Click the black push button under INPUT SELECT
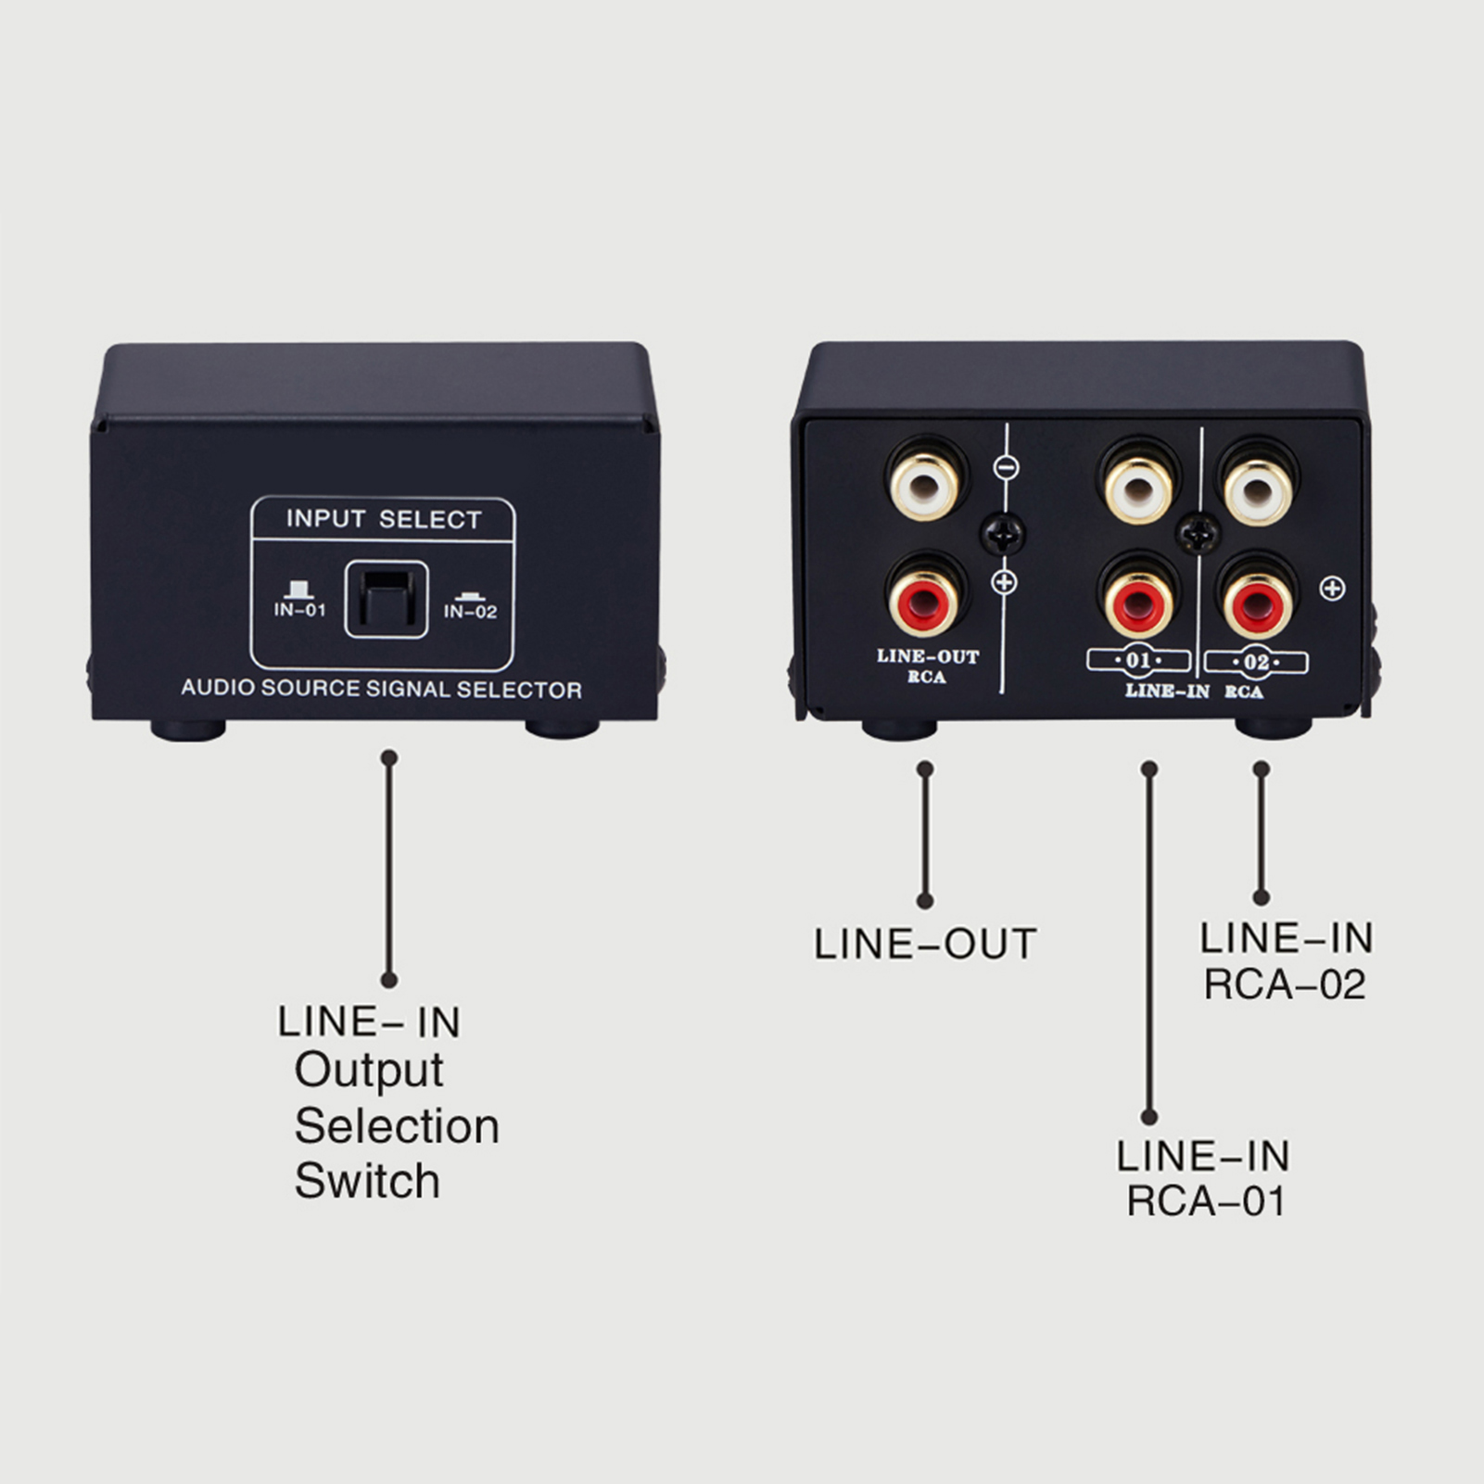tap(387, 600)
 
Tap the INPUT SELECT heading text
tap(384, 519)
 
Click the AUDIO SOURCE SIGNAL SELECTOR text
tap(381, 689)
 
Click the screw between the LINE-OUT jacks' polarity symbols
tap(1004, 533)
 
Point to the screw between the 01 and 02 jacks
tap(1198, 533)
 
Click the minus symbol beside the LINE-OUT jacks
tap(1006, 468)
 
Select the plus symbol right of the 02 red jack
tap(1332, 588)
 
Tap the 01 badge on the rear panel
tap(1138, 661)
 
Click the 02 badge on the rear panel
tap(1256, 663)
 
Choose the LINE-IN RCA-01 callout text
tap(1203, 1178)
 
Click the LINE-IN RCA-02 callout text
tap(1286, 961)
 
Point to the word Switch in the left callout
tap(367, 1181)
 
